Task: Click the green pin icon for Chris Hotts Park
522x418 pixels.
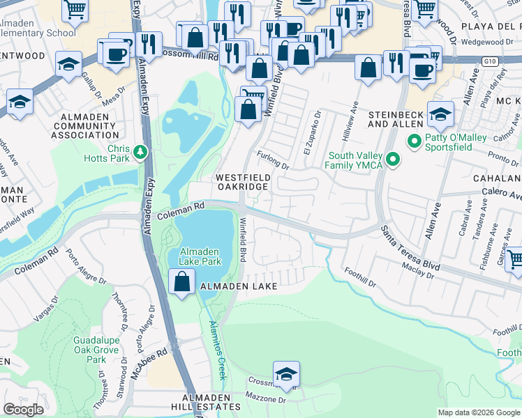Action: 140,151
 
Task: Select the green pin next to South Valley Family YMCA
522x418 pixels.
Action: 392,160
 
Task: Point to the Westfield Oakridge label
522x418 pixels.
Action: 242,183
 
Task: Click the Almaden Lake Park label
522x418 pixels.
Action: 200,256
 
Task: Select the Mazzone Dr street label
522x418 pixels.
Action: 266,400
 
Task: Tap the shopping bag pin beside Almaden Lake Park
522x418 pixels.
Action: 182,282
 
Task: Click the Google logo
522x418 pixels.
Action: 23,410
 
